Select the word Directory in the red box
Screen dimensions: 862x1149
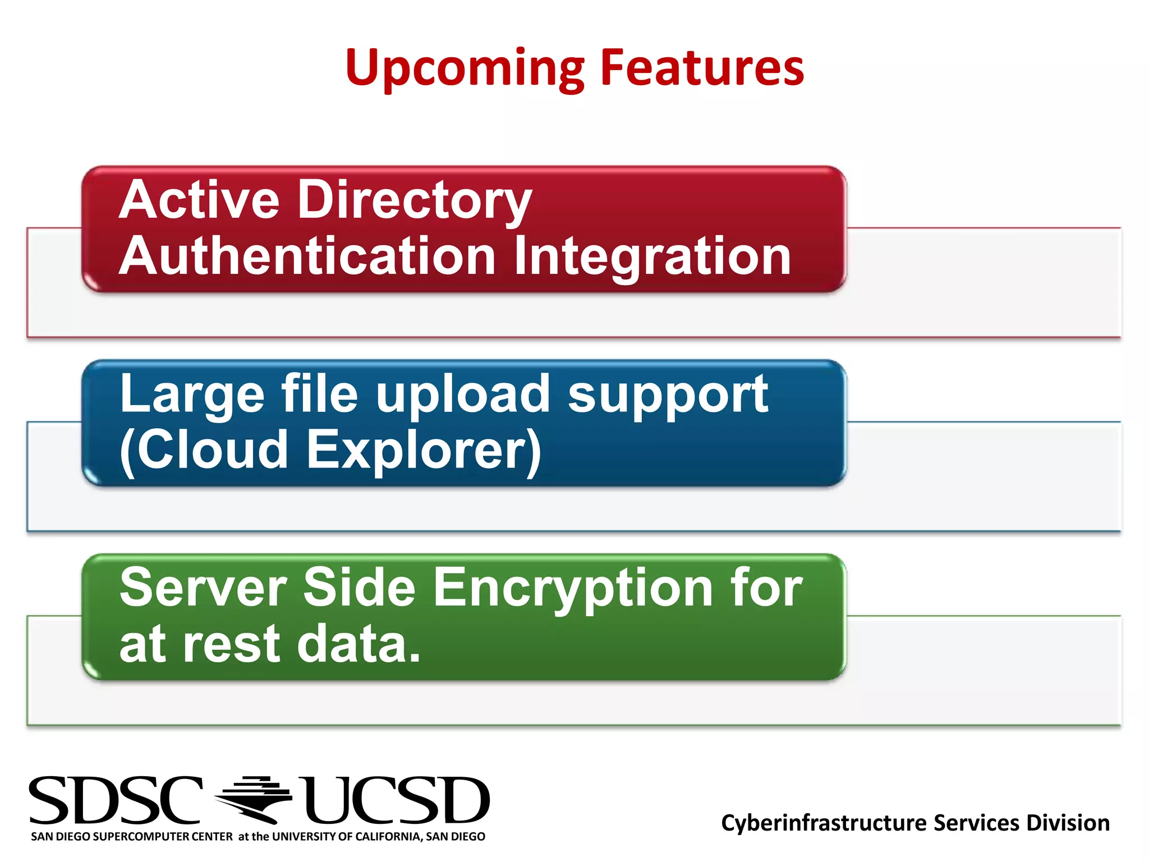point(415,201)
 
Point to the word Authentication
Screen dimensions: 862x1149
point(307,256)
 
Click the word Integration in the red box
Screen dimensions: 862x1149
point(652,258)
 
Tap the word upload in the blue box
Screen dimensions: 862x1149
point(463,395)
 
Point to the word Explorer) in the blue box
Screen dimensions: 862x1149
point(424,451)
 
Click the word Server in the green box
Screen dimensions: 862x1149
point(203,588)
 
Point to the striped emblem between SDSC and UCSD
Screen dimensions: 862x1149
point(254,799)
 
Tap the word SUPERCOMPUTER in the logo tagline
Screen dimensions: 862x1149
point(162,837)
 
